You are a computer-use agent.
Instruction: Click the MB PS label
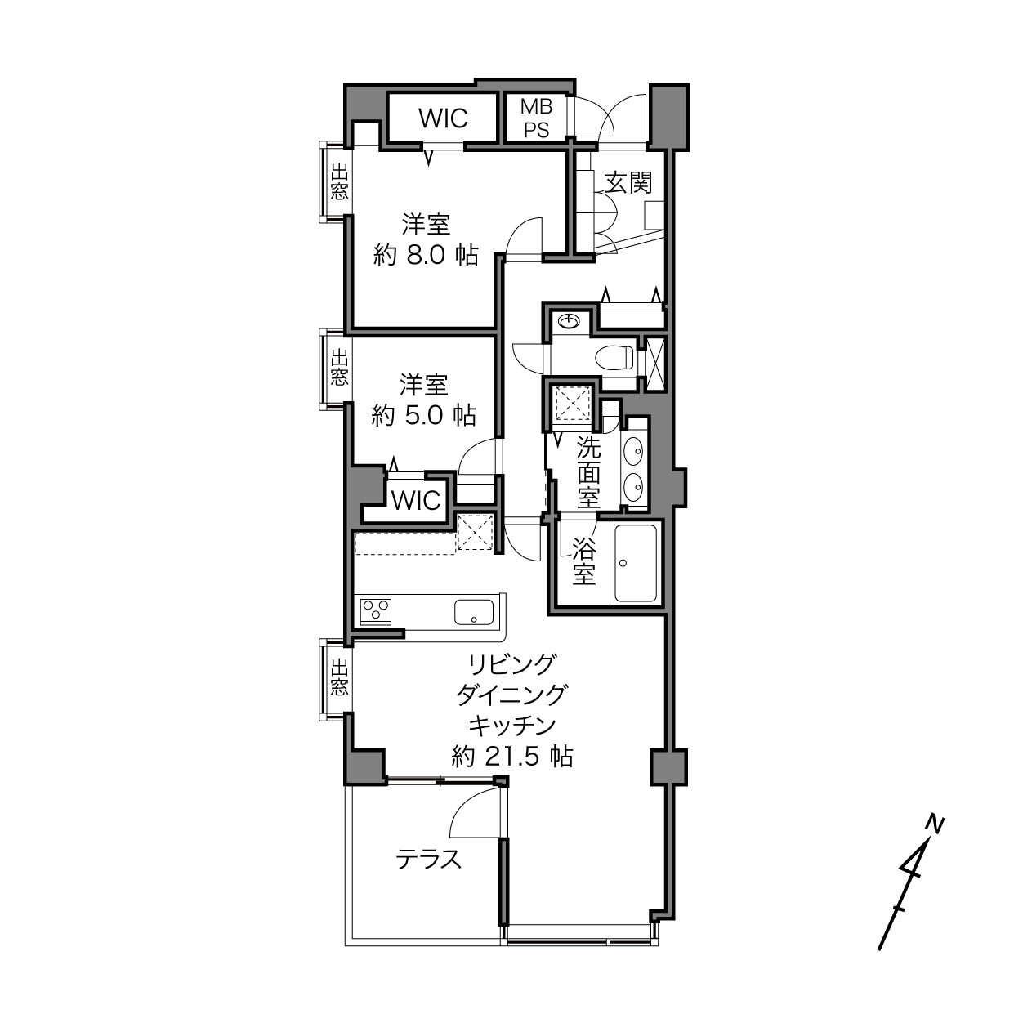coord(536,118)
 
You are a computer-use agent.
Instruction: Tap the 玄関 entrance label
coord(628,184)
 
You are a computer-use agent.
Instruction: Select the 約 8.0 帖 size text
coord(426,256)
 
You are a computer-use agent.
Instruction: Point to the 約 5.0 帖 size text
coord(423,416)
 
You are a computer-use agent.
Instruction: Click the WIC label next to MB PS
coord(444,118)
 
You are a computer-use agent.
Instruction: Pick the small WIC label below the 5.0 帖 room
coord(416,500)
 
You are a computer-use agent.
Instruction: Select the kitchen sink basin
coord(474,612)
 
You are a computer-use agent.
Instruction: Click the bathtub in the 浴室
coord(636,563)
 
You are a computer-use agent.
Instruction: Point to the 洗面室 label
coord(589,472)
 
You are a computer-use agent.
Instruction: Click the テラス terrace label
coord(429,859)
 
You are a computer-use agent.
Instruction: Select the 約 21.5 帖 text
coord(512,756)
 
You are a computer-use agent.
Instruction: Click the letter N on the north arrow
coord(935,824)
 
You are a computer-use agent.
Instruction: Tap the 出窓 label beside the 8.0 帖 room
coord(339,181)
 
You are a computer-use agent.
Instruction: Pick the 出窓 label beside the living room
coord(339,677)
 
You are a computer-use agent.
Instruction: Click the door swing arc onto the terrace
coord(467,802)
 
